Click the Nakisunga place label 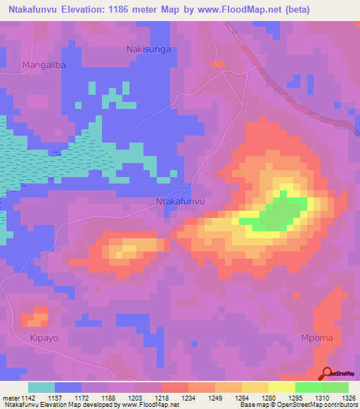(148, 49)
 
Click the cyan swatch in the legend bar (41, 387)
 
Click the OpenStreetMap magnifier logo (326, 374)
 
